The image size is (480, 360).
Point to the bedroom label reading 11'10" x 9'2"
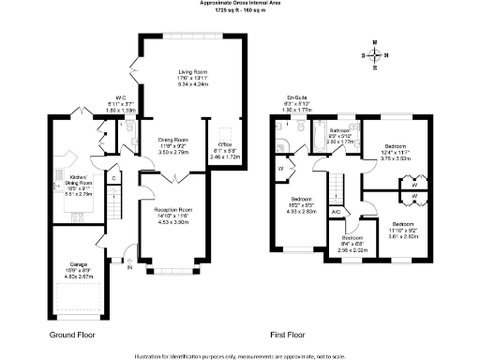(402, 225)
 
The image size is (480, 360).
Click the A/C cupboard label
(335, 212)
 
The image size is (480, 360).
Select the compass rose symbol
(376, 55)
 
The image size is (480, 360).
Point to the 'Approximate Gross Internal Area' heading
(240, 3)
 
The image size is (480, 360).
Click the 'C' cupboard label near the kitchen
(113, 178)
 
